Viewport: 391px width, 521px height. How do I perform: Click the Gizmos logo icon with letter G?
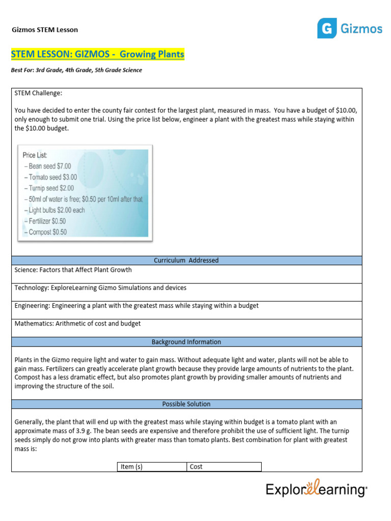tap(327, 28)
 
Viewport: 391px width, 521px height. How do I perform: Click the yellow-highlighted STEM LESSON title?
tap(98, 54)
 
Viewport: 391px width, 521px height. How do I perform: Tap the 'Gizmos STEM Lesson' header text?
tap(45, 30)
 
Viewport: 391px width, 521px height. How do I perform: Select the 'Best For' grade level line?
tap(76, 70)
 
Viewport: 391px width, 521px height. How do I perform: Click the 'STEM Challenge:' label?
tap(39, 94)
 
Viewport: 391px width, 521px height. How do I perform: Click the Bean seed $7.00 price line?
tap(47, 166)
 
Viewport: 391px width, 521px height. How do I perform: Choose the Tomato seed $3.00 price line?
tap(50, 178)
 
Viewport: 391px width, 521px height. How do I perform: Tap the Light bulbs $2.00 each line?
tap(54, 210)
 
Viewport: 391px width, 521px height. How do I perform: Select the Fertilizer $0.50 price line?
tap(46, 221)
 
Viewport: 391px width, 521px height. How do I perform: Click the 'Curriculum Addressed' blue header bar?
tap(186, 260)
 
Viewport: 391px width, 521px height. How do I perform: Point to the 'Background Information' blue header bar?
tap(186, 342)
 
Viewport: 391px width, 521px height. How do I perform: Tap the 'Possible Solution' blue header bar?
tap(186, 404)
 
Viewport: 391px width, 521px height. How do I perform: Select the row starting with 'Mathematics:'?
tap(77, 324)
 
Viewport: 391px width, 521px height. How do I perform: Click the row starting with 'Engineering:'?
tap(136, 305)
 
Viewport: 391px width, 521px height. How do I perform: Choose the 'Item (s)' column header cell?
tap(151, 467)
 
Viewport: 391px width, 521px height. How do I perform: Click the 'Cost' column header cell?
tap(224, 467)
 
